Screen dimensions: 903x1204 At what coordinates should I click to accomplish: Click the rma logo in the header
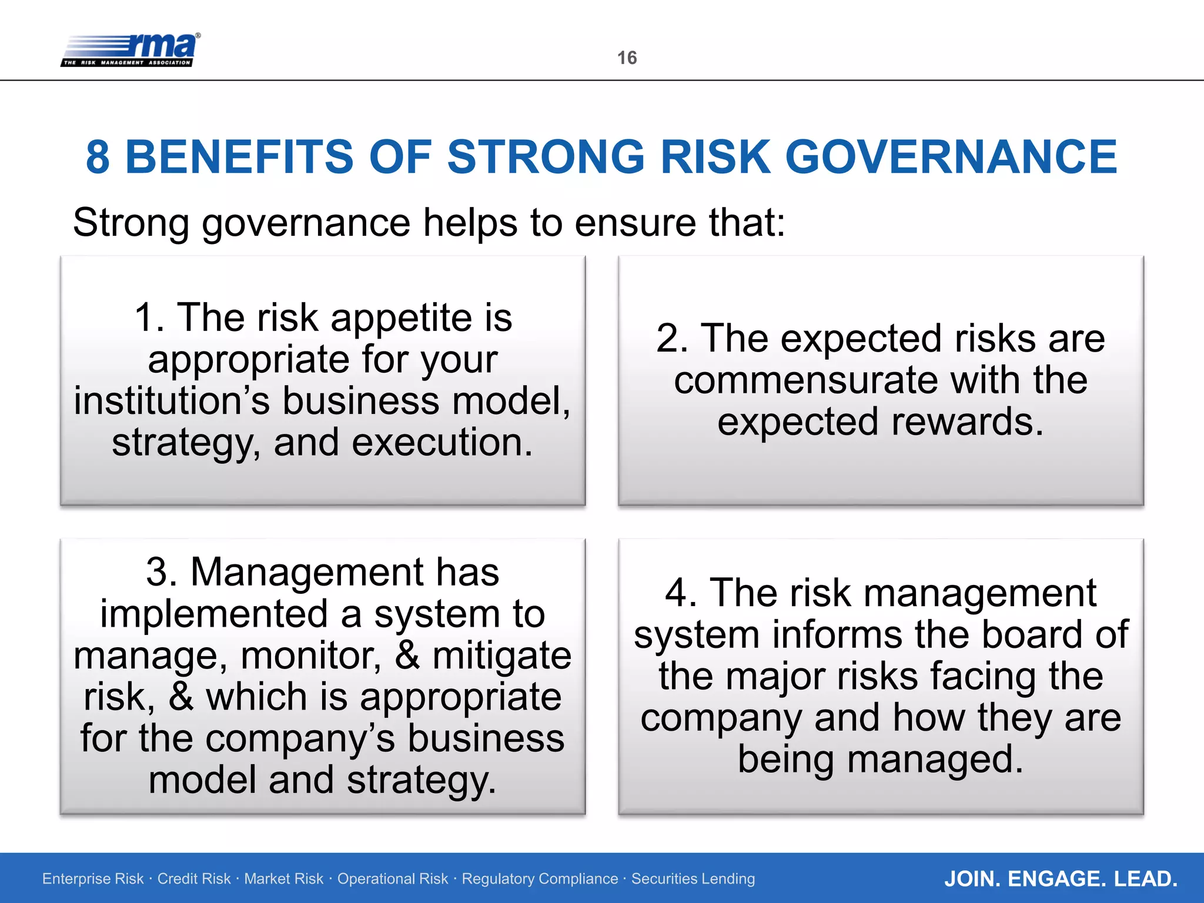pyautogui.click(x=131, y=50)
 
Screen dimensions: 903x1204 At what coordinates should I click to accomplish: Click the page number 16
pyautogui.click(x=627, y=58)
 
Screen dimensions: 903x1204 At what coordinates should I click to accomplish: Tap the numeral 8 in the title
pyautogui.click(x=98, y=158)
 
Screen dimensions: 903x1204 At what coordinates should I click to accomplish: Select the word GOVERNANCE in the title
pyautogui.click(x=951, y=158)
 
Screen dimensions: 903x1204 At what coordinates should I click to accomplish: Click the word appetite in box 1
pyautogui.click(x=402, y=319)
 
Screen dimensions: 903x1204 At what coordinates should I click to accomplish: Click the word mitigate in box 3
pyautogui.click(x=501, y=655)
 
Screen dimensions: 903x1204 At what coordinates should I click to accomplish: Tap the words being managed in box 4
pyautogui.click(x=880, y=760)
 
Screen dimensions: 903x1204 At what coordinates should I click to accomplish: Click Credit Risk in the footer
pyautogui.click(x=194, y=879)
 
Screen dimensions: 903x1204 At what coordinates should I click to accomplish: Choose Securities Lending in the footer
pyautogui.click(x=693, y=879)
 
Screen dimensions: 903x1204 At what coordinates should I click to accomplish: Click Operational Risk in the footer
pyautogui.click(x=392, y=879)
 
